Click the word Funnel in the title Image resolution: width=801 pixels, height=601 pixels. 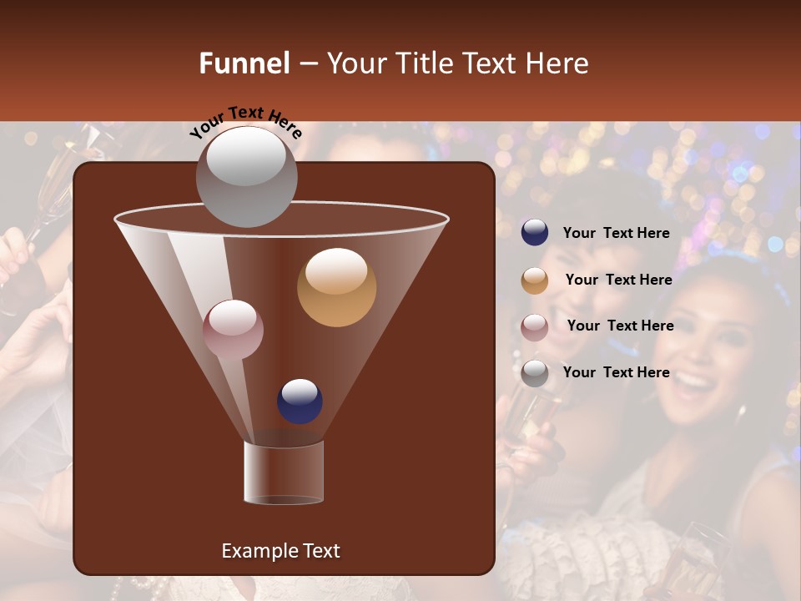[244, 63]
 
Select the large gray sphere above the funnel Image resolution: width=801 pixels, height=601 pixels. [246, 176]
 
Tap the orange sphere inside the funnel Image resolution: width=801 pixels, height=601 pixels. [336, 287]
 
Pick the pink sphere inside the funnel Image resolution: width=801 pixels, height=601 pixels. [233, 329]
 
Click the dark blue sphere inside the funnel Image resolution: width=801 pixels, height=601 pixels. [300, 402]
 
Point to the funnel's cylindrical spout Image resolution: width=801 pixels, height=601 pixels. [284, 472]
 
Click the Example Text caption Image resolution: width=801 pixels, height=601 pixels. [280, 551]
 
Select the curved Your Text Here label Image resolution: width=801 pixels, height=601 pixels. [245, 122]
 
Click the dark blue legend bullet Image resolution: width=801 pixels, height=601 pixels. [535, 233]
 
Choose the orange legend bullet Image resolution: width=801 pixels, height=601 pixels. [535, 280]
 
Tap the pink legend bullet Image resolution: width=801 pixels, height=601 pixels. [535, 327]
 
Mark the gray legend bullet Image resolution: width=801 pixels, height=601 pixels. [535, 373]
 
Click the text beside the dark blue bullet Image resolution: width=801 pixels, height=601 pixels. [616, 234]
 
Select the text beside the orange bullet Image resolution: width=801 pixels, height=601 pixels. [618, 280]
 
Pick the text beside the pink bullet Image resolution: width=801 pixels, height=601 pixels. [620, 326]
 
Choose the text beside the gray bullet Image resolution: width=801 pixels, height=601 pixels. [616, 372]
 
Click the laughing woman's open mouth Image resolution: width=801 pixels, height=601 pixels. [692, 384]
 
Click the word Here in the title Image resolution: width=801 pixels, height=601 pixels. [557, 63]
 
